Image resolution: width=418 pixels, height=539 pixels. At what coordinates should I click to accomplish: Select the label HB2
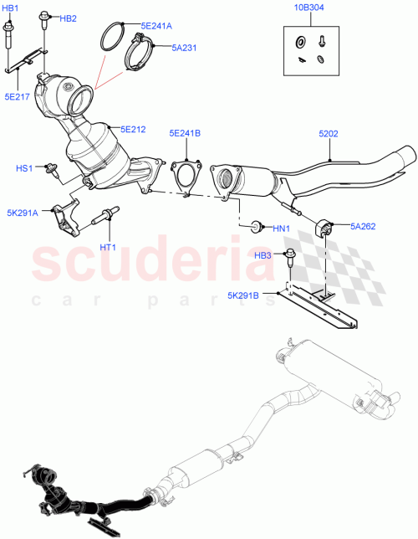coord(68,18)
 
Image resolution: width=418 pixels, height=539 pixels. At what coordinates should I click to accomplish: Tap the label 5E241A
coord(155,26)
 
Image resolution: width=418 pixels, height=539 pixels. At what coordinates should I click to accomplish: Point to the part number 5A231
coord(183,48)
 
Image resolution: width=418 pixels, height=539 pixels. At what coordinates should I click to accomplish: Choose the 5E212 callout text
coord(133,129)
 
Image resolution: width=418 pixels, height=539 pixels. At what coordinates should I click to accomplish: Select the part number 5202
coord(329,132)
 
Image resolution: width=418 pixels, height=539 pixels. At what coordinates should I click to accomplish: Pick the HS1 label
coord(24,168)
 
